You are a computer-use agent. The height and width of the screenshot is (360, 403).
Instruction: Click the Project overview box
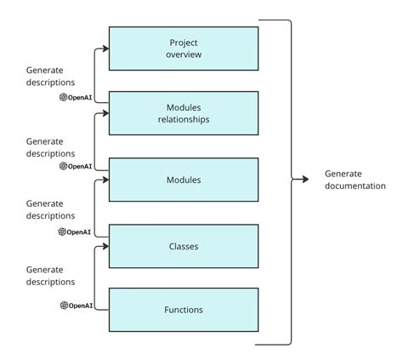(184, 48)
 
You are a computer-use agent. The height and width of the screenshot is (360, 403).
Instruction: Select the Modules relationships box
(184, 113)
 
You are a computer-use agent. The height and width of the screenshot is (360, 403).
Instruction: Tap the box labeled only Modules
(184, 180)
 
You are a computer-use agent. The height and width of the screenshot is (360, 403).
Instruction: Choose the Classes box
(184, 245)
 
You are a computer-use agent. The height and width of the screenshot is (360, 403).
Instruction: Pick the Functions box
(184, 310)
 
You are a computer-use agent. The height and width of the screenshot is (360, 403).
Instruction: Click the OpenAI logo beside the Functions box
(64, 306)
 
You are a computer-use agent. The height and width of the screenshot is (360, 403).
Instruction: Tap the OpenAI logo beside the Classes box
(63, 231)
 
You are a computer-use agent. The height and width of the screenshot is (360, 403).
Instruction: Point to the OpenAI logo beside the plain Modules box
(64, 166)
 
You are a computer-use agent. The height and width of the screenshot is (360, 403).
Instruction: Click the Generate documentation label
(355, 180)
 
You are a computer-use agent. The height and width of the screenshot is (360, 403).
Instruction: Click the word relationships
(184, 119)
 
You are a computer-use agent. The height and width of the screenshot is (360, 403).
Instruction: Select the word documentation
(355, 186)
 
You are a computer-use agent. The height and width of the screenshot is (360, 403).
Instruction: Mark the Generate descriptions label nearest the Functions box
(50, 275)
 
